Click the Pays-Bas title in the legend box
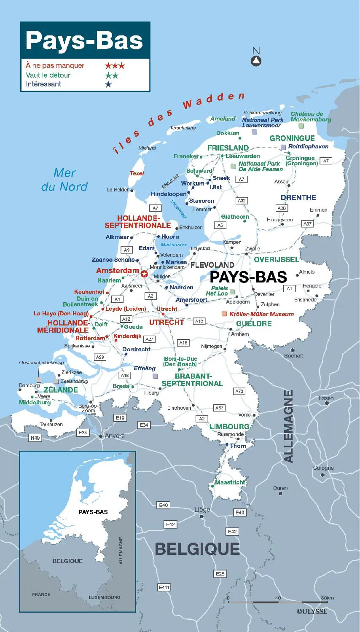point(84,40)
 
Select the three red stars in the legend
point(115,66)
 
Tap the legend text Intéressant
point(43,84)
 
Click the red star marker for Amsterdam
point(144,274)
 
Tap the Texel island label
point(137,173)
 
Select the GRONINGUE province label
point(292,138)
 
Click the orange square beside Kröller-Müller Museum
point(224,314)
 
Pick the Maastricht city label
point(230,482)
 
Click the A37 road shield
point(307,223)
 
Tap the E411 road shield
point(164,587)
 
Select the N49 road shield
point(35,438)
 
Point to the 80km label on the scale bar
point(327,598)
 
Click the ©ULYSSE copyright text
point(312,611)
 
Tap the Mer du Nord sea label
point(64,180)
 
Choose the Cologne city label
point(323,468)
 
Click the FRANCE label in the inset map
point(41,594)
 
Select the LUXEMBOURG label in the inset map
point(104,597)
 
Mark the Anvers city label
point(114,436)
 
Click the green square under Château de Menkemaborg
point(301,126)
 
